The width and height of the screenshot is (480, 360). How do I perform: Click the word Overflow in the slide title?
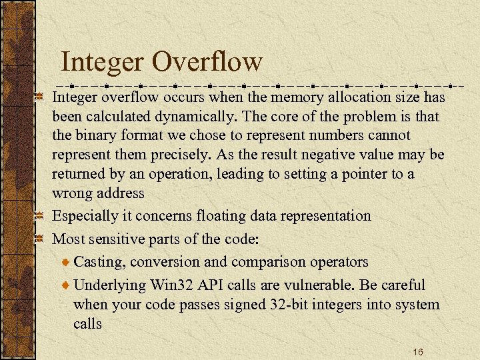(x=207, y=62)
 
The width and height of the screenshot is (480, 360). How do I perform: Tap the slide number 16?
(x=418, y=351)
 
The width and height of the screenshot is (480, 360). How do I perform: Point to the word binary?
(x=96, y=135)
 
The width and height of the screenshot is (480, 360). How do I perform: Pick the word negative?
(x=361, y=155)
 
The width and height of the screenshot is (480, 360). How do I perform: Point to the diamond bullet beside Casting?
(x=65, y=262)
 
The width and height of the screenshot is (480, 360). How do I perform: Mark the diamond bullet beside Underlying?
(x=65, y=285)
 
